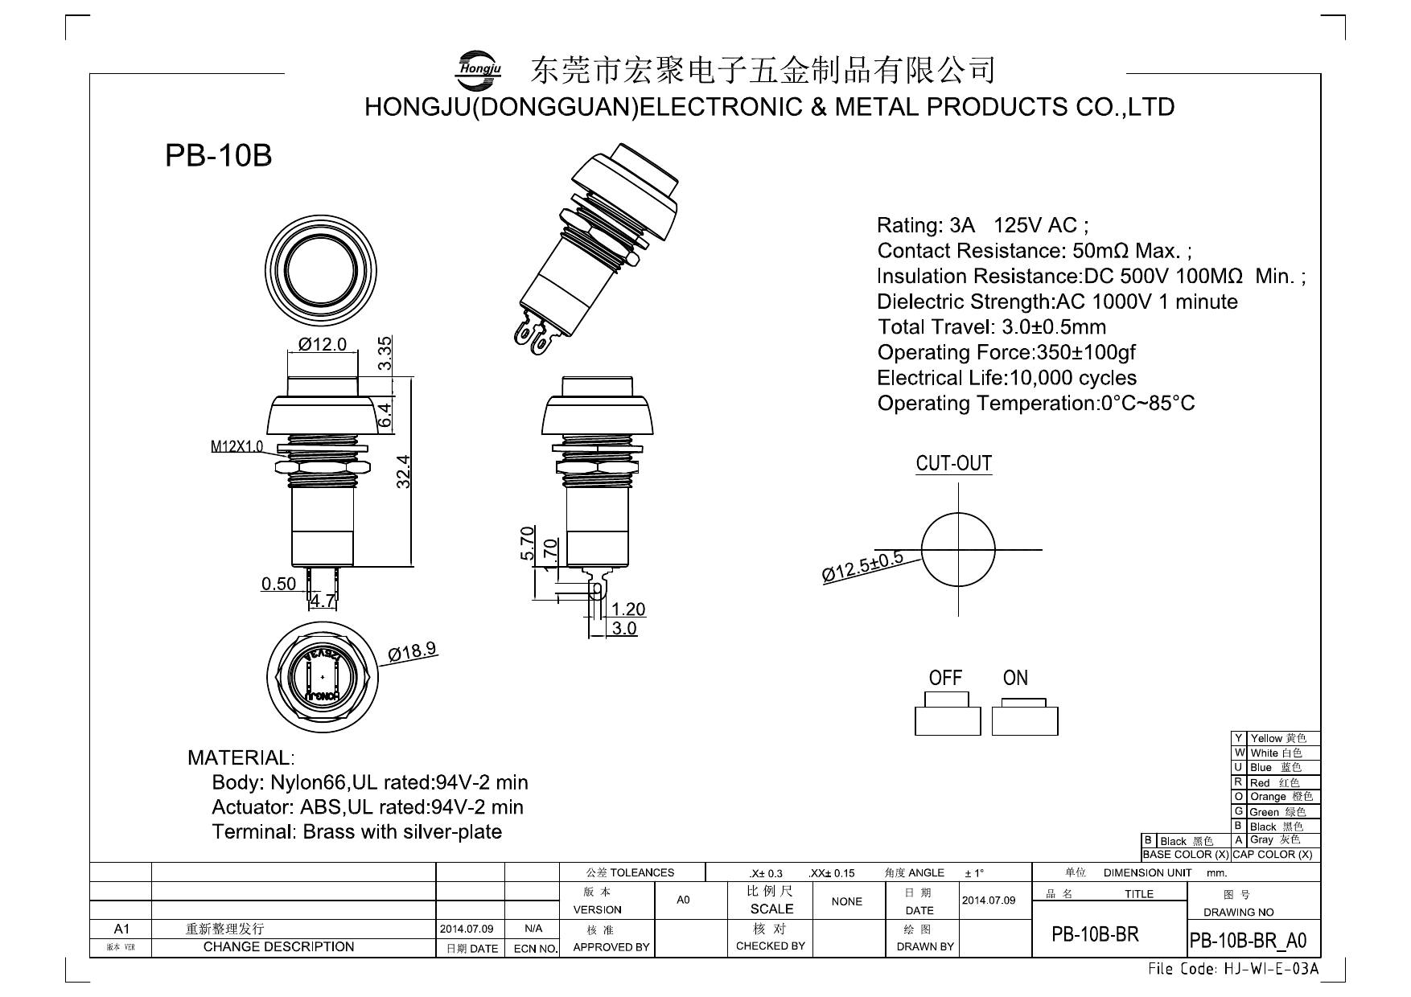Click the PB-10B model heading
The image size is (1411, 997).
(218, 156)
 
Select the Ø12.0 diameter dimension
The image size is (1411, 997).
(322, 344)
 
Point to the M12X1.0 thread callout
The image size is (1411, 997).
(237, 446)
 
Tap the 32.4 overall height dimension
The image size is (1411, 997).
(404, 471)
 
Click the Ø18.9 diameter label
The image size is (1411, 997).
(413, 650)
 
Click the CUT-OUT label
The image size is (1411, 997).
(953, 464)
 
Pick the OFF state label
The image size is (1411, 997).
(945, 678)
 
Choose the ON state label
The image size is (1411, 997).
(1015, 678)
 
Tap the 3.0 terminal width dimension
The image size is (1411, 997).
(624, 629)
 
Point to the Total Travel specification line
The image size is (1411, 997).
(991, 327)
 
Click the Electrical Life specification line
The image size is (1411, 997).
(1006, 378)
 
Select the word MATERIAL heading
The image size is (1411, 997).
(241, 757)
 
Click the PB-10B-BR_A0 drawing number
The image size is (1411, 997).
(1248, 941)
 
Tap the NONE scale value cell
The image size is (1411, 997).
(846, 901)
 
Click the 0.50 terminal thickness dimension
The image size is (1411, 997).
(278, 584)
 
